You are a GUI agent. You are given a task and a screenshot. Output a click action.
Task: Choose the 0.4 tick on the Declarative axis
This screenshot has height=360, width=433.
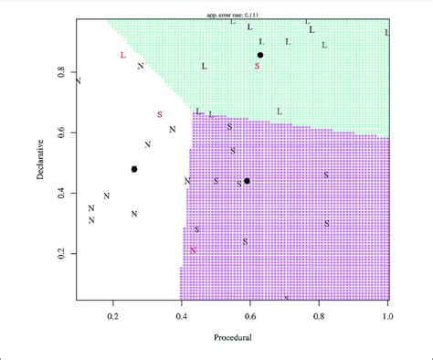point(63,194)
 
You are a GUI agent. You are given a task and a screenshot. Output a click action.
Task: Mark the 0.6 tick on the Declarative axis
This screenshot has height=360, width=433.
point(63,132)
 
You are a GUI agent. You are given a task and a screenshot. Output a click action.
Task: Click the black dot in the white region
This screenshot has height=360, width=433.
point(134,169)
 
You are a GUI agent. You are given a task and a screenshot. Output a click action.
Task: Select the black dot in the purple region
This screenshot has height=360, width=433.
point(247,181)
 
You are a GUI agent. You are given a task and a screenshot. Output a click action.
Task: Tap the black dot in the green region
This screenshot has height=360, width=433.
point(260,56)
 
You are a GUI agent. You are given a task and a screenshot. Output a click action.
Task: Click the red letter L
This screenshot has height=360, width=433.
point(122,56)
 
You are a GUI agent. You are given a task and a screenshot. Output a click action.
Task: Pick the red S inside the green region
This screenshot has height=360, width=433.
point(258,67)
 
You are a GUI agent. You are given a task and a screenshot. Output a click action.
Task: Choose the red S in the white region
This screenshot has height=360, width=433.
point(160,114)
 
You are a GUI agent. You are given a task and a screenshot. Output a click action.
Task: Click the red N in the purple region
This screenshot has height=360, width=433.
point(194,249)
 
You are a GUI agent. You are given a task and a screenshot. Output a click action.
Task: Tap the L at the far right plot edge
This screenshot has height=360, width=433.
point(387,33)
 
